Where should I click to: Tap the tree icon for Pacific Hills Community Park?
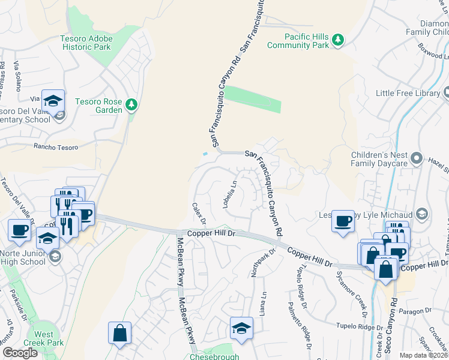tap(339, 40)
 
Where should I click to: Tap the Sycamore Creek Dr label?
tap(360, 289)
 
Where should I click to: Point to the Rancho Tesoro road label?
tap(57, 146)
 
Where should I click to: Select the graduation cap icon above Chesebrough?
tap(241, 328)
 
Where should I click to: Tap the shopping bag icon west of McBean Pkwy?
tap(119, 332)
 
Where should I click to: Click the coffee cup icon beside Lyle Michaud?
tap(343, 221)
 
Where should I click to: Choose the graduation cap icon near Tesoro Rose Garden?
tap(53, 100)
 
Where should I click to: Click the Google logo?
tap(20, 353)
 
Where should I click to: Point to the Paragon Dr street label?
tap(414, 310)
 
